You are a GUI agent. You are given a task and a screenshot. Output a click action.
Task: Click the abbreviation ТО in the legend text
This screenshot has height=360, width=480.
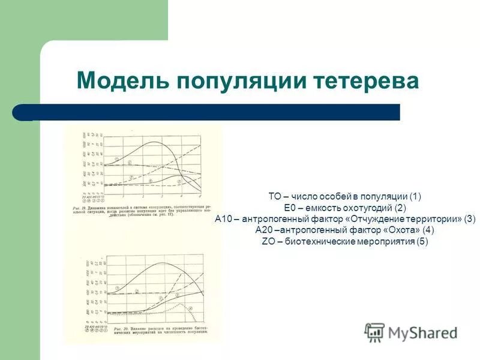[x=275, y=196]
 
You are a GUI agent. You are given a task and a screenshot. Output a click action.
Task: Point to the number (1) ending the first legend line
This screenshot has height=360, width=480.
[x=416, y=196]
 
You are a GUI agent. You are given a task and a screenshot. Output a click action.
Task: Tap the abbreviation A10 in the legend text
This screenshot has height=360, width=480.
[x=225, y=219]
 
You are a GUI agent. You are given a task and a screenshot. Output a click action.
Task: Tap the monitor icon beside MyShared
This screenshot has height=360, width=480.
[x=374, y=332]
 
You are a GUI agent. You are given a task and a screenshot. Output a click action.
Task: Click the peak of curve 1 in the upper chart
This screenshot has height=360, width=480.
[x=155, y=143]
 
